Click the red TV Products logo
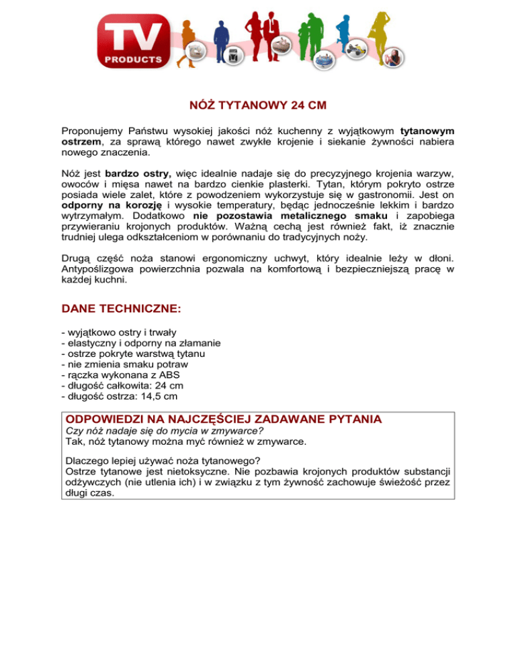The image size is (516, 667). click(134, 42)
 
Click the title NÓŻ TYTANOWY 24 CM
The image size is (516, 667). click(258, 106)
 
